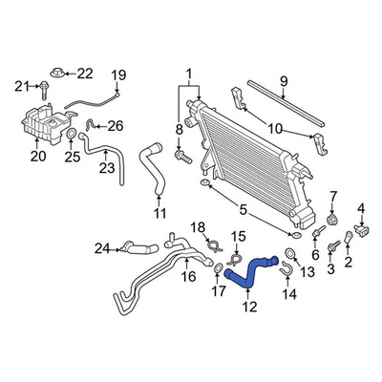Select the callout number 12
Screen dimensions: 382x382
[x=250, y=307]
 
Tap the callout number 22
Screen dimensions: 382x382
[x=85, y=73]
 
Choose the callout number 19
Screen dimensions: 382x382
[x=119, y=74]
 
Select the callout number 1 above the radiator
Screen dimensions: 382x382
[x=188, y=73]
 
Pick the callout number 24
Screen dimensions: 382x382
[x=102, y=251]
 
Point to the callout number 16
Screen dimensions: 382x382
[x=189, y=276]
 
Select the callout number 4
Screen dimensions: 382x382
[x=361, y=208]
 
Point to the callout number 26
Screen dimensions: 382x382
[x=115, y=125]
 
